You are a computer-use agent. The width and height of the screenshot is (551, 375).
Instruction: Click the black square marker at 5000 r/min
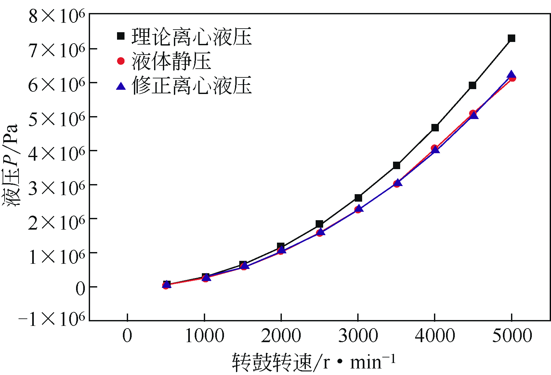(511, 38)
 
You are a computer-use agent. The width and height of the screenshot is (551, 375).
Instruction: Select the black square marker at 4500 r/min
(472, 86)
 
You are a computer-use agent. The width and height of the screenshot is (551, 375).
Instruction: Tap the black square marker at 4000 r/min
(435, 127)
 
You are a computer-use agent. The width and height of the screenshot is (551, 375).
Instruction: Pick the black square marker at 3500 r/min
(397, 165)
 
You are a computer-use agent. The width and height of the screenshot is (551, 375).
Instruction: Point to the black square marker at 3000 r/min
(358, 198)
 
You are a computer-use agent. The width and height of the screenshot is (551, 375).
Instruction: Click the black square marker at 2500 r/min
(320, 224)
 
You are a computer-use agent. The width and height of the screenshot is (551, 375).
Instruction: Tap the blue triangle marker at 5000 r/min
(511, 74)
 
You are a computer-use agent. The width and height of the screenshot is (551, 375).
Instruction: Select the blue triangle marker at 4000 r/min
(436, 150)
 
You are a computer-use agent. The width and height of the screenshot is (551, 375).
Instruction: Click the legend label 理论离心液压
(191, 36)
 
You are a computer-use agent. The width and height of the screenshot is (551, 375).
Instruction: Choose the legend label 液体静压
(171, 61)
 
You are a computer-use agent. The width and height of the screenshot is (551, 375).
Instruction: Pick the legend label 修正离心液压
(191, 86)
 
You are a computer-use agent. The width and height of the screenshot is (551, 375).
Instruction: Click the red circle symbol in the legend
(121, 61)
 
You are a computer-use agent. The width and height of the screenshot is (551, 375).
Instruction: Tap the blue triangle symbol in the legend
(121, 86)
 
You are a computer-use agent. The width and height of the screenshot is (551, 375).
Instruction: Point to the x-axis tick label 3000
(358, 336)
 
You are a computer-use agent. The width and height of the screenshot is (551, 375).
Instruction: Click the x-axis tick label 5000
(512, 336)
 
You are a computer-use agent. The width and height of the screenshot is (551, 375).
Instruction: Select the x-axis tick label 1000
(204, 336)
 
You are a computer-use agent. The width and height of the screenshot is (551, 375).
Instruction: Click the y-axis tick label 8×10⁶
(57, 16)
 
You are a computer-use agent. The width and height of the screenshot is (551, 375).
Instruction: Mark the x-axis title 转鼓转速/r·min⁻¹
(314, 362)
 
